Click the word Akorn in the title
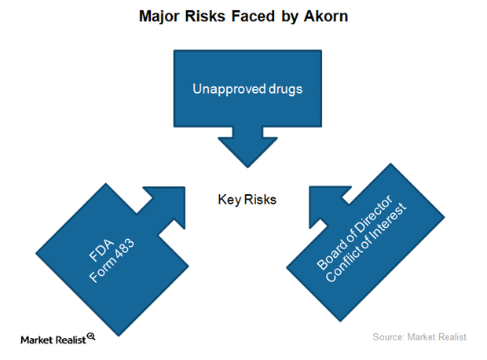(x=326, y=17)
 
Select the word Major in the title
(x=159, y=17)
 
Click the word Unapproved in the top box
(x=229, y=90)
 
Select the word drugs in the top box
(x=285, y=90)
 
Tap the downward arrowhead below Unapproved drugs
(x=247, y=152)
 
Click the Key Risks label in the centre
(x=247, y=200)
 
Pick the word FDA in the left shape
(x=101, y=250)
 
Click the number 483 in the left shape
(x=124, y=248)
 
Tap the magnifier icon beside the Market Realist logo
(x=91, y=336)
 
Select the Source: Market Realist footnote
(x=419, y=337)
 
